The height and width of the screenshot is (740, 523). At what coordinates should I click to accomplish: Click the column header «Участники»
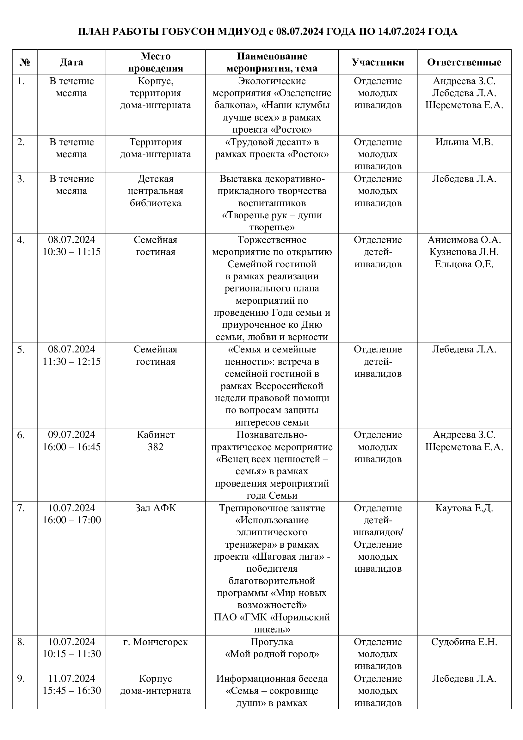point(378,62)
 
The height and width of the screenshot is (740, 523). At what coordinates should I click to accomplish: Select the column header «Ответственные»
point(464,62)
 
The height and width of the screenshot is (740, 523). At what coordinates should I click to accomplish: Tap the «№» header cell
point(25,62)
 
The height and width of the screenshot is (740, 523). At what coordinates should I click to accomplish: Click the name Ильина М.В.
point(464,142)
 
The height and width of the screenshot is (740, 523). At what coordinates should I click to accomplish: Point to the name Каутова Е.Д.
point(464,508)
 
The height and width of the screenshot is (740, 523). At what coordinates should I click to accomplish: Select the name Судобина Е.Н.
point(464,642)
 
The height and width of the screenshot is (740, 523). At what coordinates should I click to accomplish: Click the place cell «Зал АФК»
point(156,508)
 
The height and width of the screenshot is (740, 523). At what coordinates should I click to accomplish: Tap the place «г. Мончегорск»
point(156,642)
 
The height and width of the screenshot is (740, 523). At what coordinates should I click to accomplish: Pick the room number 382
point(156,447)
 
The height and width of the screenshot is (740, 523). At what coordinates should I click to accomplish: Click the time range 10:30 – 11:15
point(72,252)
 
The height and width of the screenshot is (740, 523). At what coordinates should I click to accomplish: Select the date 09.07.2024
point(72,435)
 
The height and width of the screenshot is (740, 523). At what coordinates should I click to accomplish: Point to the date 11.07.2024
point(72,678)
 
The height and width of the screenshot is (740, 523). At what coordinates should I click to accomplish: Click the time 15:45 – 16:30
point(72,691)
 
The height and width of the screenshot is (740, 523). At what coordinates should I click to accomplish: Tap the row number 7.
point(21,508)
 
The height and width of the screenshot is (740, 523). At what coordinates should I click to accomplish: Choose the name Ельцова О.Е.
point(464,264)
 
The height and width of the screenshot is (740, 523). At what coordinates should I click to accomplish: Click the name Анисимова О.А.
point(464,240)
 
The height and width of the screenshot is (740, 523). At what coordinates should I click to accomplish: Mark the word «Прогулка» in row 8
point(272,642)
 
